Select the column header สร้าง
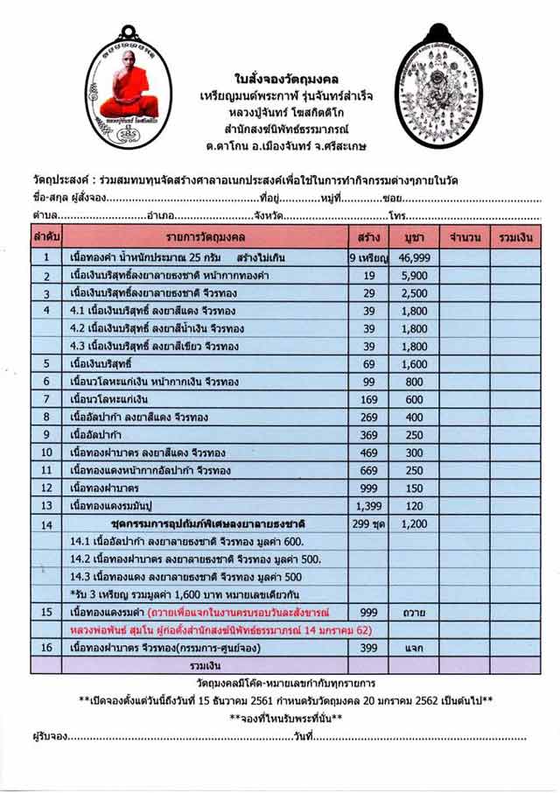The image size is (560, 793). (368, 237)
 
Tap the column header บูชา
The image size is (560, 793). (414, 237)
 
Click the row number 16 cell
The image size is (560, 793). (45, 648)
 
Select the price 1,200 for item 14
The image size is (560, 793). (414, 523)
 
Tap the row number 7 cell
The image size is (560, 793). (45, 399)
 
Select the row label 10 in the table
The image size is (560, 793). (45, 453)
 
